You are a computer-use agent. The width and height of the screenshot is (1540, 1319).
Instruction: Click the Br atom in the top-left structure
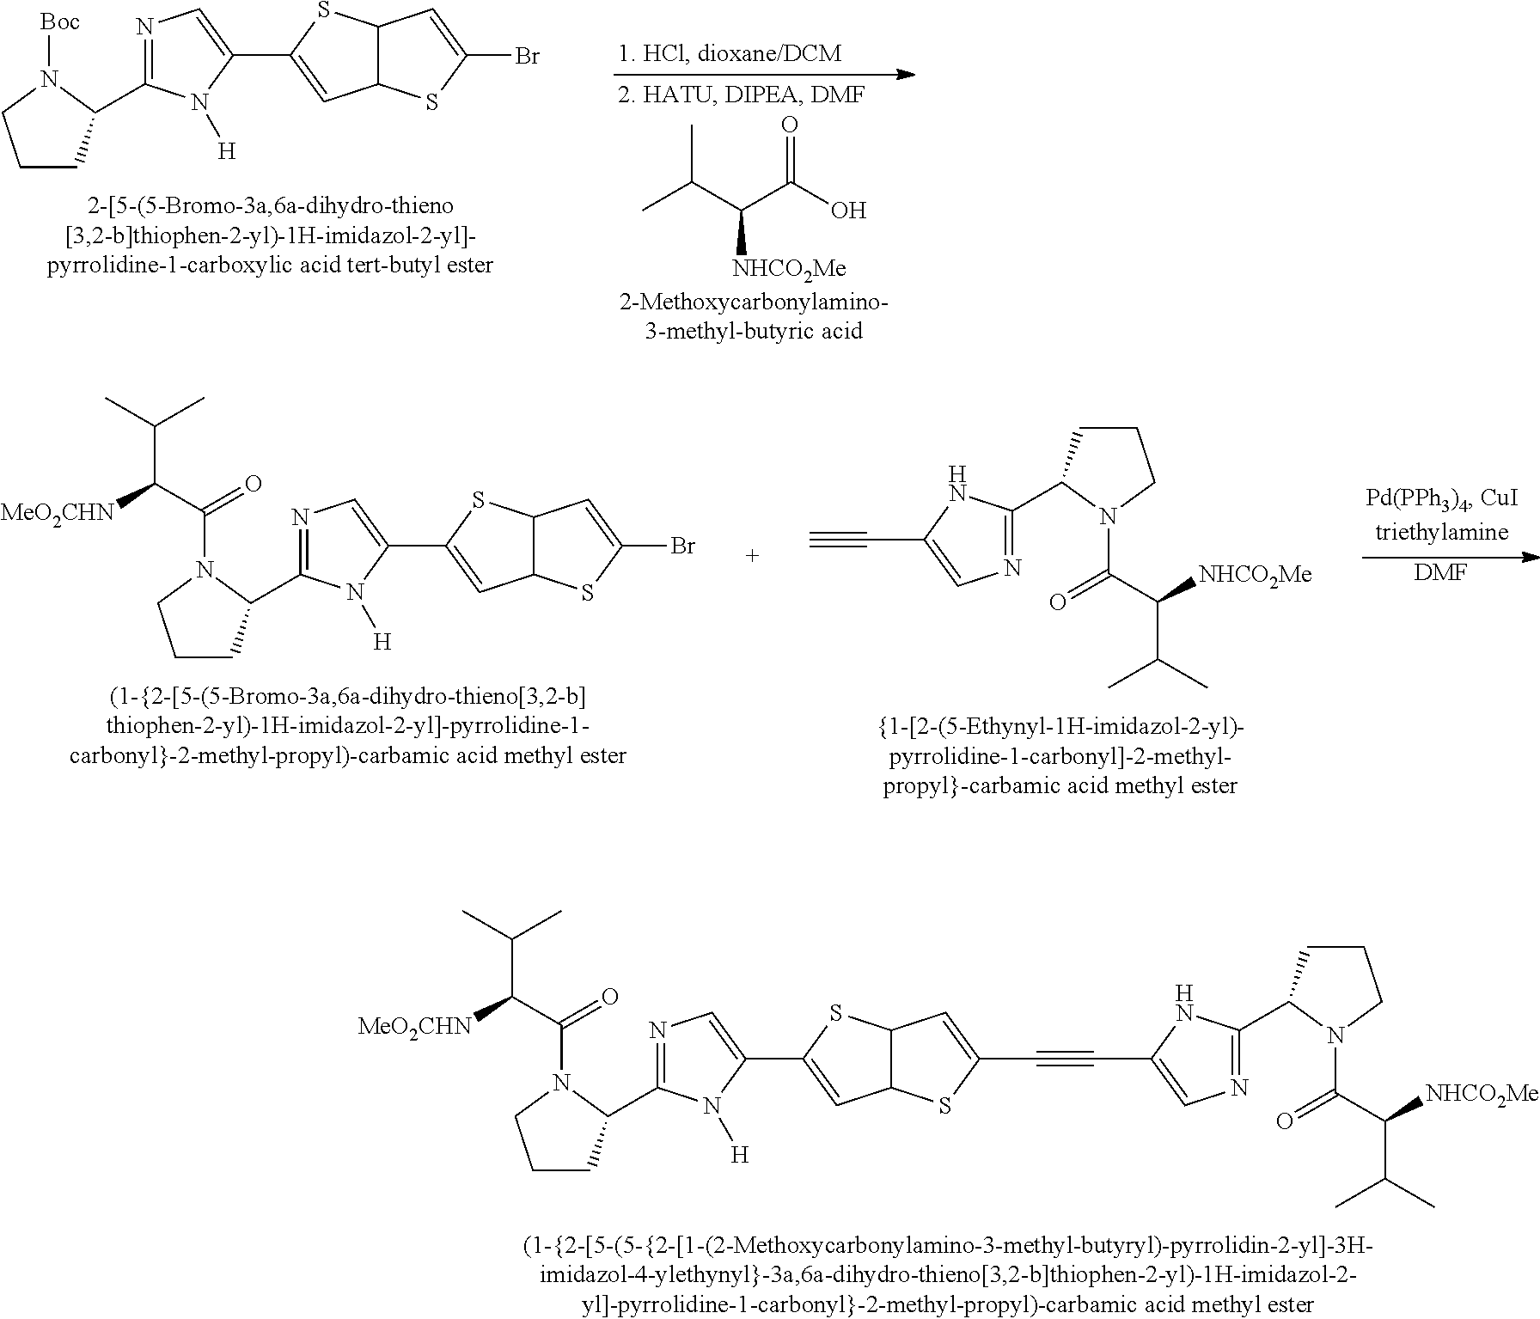[526, 57]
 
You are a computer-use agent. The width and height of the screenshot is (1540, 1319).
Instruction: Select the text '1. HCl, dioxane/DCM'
[730, 53]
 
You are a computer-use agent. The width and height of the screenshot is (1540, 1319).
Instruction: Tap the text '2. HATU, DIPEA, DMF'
[741, 95]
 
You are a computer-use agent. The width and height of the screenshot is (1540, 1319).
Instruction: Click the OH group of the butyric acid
[848, 211]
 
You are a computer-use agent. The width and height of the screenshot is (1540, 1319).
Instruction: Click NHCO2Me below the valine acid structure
[788, 269]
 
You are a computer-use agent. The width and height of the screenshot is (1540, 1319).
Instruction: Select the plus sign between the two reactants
[752, 556]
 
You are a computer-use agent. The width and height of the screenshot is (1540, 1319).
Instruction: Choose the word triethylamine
[1441, 532]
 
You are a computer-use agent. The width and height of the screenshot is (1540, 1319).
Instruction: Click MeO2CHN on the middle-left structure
[57, 514]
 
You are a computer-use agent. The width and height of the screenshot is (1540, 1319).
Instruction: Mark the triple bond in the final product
[1065, 1059]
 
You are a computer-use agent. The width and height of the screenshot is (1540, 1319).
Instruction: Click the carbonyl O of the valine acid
[789, 125]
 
